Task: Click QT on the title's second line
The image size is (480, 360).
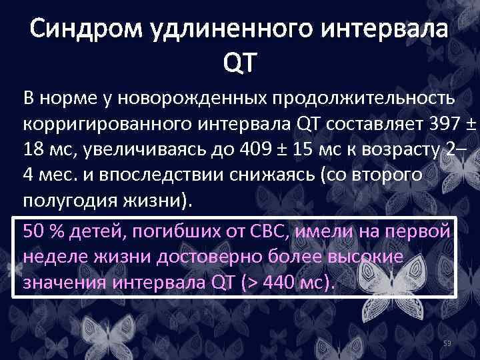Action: click(x=239, y=63)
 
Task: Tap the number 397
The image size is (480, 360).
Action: click(x=423, y=123)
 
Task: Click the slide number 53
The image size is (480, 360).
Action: click(x=448, y=343)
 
